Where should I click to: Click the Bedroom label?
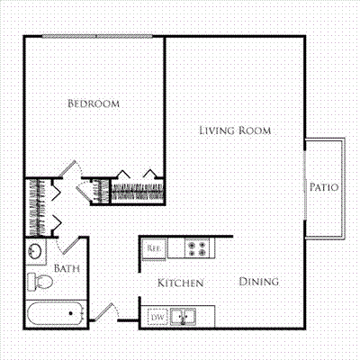[x=94, y=103]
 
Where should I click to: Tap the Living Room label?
[x=235, y=130]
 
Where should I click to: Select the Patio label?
[x=324, y=187]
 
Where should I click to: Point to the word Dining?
[x=259, y=282]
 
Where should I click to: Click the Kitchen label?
[x=181, y=283]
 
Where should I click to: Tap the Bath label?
[x=67, y=268]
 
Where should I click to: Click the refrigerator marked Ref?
[x=154, y=248]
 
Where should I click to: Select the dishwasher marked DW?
[x=157, y=317]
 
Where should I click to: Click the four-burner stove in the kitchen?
[x=197, y=248]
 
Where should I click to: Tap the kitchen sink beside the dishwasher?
[x=183, y=317]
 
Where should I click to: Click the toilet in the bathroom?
[x=40, y=282]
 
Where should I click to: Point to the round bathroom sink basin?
[x=35, y=251]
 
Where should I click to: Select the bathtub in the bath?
[x=56, y=313]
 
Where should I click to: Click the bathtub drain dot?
[x=71, y=313]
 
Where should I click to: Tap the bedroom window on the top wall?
[x=97, y=37]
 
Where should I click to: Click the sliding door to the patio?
[x=305, y=184]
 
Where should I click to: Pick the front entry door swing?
[x=105, y=312]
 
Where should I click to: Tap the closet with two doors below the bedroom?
[x=138, y=191]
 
